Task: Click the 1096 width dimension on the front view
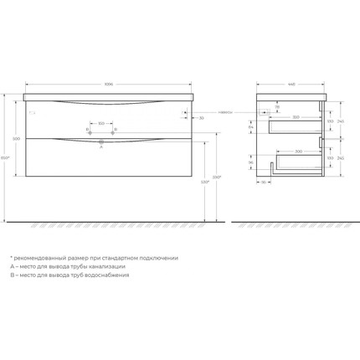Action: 109,85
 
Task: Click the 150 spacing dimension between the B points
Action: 101,124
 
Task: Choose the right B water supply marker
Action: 114,130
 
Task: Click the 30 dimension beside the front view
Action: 202,118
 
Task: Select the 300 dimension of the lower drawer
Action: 298,152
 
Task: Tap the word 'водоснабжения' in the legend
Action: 106,275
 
